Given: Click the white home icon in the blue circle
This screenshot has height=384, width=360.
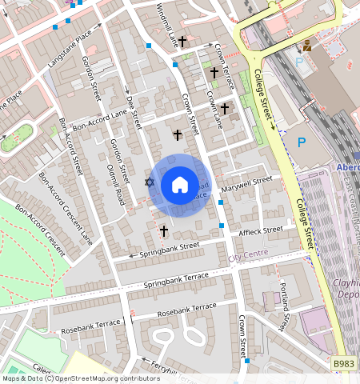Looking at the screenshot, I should tap(180, 186).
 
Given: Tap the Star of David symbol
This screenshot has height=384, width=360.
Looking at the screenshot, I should tap(149, 182).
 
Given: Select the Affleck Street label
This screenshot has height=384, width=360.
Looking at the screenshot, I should tap(261, 231).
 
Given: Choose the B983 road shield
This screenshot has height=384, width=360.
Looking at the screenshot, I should tap(343, 364).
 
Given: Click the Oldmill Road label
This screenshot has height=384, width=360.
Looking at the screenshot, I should tap(115, 182).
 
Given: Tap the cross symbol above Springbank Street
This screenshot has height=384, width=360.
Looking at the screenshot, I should tap(163, 231).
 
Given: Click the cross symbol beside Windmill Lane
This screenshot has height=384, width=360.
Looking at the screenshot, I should tap(182, 41).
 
